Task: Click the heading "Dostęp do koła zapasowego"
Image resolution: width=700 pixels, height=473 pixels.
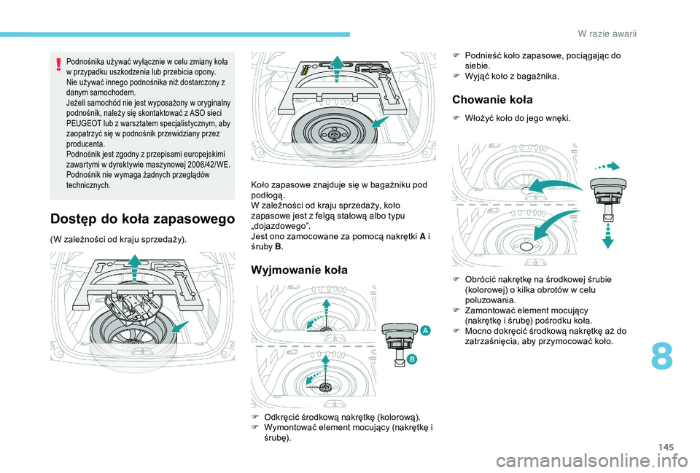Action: pos(143,218)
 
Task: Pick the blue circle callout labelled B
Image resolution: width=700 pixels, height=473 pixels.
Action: pos(411,359)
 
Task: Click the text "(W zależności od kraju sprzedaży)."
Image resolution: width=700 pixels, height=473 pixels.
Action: pos(118,240)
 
